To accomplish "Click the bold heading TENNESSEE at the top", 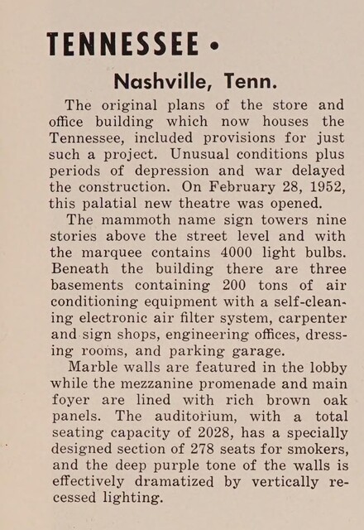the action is (122, 43).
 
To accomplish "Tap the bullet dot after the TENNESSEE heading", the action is (215, 45).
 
